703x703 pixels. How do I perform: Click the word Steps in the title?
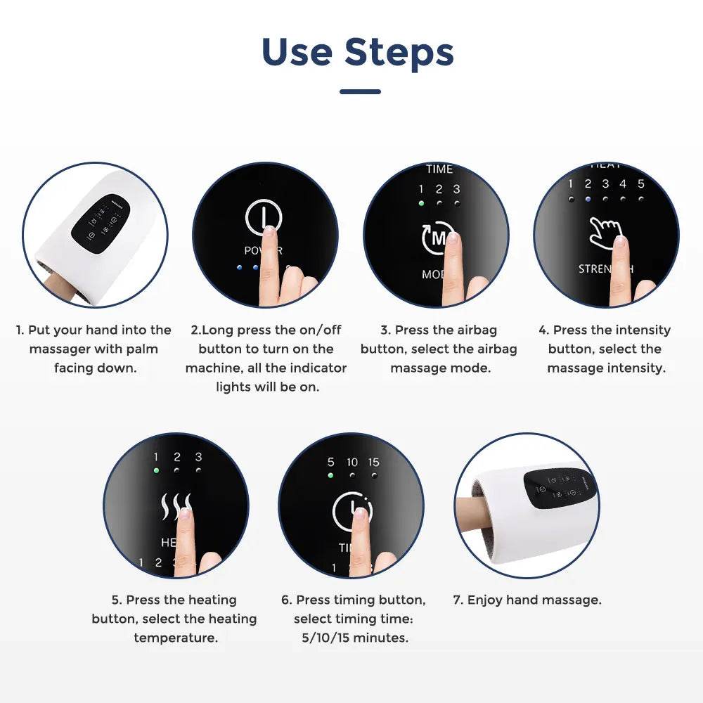tap(399, 52)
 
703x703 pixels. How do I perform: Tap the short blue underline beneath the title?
tap(360, 91)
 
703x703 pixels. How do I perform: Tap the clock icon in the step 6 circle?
tap(351, 510)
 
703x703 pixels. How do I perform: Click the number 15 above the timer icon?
tap(373, 462)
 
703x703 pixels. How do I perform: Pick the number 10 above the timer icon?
tap(352, 462)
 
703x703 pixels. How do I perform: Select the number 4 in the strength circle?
tap(623, 184)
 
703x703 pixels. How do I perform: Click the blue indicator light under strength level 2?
tap(588, 198)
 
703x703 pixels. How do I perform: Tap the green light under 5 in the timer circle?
tap(330, 475)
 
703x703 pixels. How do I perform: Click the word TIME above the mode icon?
tap(439, 169)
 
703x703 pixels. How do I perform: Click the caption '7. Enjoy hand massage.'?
tap(527, 600)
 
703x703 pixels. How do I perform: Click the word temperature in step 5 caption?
tap(175, 638)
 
